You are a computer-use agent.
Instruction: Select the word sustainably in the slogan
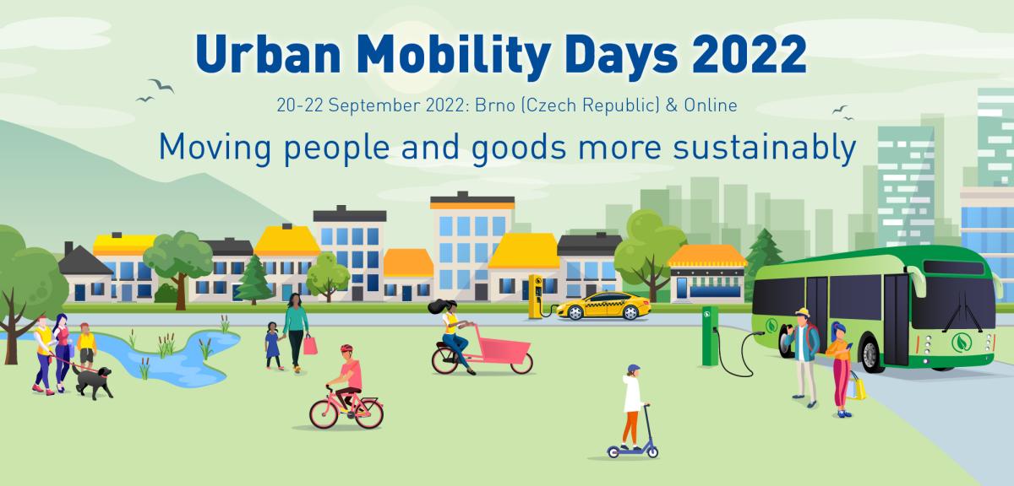point(764,148)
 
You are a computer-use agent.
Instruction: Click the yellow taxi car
point(604,306)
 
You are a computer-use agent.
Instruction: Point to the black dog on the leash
point(93,381)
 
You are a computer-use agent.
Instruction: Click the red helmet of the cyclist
point(346,348)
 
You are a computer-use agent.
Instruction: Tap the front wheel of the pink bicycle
point(324,414)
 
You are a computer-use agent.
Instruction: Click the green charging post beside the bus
point(710,336)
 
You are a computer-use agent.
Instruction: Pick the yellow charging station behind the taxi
point(536,296)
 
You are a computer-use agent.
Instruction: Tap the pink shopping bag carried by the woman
point(310,345)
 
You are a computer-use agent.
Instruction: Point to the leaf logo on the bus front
point(961,343)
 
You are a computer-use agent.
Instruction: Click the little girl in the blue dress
point(273,346)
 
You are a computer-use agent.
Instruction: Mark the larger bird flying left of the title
point(161,85)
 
